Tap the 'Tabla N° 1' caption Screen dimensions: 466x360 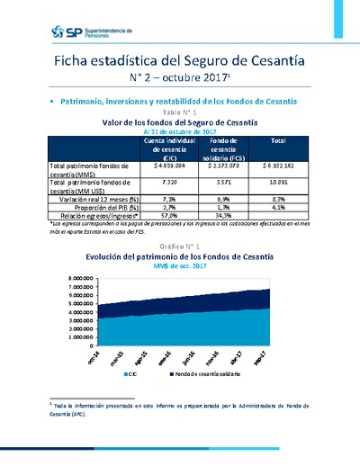(x=181, y=112)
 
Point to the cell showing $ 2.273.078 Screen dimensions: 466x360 (x=222, y=166)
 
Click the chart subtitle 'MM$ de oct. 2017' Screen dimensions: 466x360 (x=181, y=267)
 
